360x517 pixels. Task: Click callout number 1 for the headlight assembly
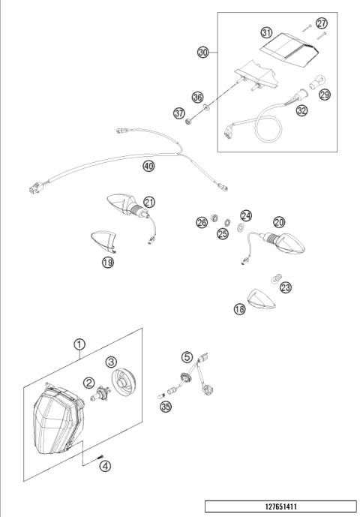pos(79,344)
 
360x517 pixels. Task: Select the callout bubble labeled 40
pos(149,167)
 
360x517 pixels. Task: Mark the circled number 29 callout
pos(325,94)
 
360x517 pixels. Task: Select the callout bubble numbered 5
pos(187,356)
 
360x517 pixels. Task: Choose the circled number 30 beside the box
pos(203,52)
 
